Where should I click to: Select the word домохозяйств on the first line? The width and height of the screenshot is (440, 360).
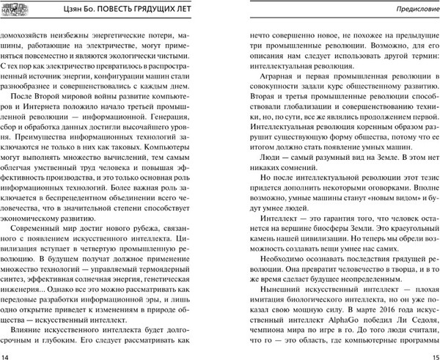coord(31,32)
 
